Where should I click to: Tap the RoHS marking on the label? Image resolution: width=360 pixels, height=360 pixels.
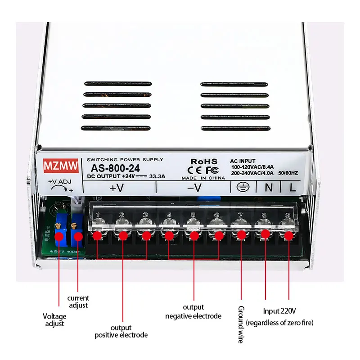point(204,161)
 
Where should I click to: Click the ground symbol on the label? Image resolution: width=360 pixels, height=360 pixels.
point(243,187)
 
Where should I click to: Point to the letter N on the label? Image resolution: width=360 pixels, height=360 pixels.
point(268,188)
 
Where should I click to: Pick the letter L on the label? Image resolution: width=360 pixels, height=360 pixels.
point(292,188)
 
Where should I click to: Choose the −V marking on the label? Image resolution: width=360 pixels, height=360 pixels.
point(194,188)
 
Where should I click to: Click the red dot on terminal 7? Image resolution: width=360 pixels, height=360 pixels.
point(242,234)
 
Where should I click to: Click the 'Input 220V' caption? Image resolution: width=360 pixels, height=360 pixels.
point(279,311)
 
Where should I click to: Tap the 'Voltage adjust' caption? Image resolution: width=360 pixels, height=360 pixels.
point(54,319)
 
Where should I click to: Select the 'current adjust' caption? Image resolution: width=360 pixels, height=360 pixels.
point(78,301)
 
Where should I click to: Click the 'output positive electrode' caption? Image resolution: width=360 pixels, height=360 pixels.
point(121,331)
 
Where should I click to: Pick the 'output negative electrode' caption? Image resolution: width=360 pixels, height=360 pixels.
point(193,311)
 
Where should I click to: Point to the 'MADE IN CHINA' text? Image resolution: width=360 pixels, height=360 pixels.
point(204,178)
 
